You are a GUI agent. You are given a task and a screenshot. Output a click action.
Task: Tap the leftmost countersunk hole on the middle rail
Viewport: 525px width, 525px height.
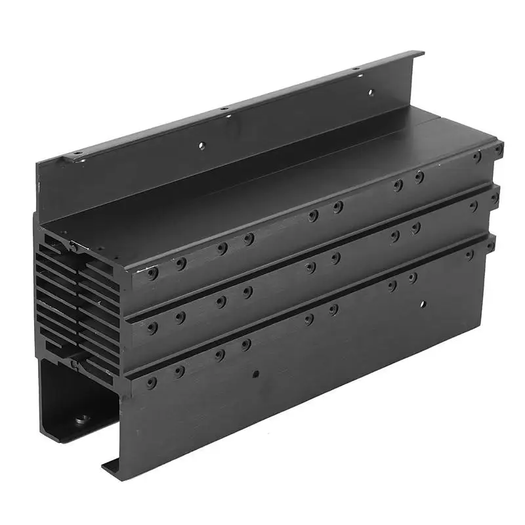tap(152, 326)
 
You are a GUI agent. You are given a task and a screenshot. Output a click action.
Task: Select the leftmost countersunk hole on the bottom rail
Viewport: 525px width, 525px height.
tap(152, 381)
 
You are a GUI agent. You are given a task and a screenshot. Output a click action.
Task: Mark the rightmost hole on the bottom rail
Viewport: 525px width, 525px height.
tap(490, 245)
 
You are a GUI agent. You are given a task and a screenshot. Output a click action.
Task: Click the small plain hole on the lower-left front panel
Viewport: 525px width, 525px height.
tap(256, 374)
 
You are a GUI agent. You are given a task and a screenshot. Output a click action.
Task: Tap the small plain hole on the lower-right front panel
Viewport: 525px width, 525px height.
tap(423, 304)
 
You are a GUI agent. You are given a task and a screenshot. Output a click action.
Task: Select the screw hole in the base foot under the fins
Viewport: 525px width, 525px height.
tap(81, 418)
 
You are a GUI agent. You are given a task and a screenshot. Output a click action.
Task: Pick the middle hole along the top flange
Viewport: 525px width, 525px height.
tap(224, 109)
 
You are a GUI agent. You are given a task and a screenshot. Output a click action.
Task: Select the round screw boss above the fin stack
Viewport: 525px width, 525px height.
tap(73, 247)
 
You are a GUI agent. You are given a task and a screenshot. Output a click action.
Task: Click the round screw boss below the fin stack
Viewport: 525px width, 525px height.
tap(74, 363)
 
